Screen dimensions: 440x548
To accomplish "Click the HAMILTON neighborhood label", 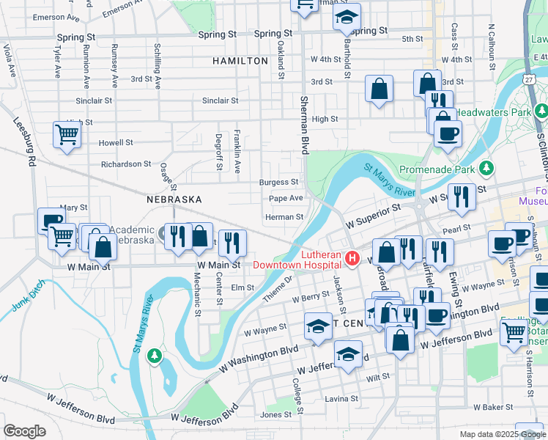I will (240, 61).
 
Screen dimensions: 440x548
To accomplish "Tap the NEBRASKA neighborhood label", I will (174, 199).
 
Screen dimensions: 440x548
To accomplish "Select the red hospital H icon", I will (352, 259).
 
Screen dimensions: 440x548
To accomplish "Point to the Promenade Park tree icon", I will (486, 169).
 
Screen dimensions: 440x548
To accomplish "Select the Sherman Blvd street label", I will (303, 124).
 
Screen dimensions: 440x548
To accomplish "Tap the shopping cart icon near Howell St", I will (67, 135).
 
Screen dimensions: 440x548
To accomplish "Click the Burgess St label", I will (278, 182).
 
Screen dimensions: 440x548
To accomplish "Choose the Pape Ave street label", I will (286, 198).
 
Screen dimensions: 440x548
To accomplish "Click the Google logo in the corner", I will (24, 431).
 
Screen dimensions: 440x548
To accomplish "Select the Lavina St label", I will (342, 399).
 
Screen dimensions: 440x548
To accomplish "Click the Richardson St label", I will (126, 164).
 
